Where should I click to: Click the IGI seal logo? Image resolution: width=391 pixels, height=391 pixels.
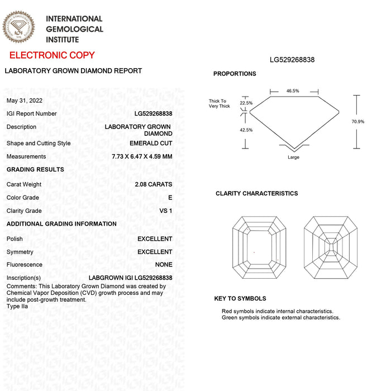[18, 26]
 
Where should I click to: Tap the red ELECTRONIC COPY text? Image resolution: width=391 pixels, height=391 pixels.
[53, 55]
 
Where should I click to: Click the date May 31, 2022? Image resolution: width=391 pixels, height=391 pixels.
[24, 101]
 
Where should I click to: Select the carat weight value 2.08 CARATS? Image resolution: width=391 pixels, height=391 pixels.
[153, 184]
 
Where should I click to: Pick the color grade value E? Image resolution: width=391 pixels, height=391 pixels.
[170, 198]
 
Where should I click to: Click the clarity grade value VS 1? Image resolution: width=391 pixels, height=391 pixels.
[166, 211]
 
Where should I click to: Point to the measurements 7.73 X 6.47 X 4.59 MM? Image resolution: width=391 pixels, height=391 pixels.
[142, 156]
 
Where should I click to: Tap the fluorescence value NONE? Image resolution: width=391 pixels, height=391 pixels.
[164, 265]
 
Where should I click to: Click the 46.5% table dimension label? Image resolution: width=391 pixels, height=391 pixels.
[293, 91]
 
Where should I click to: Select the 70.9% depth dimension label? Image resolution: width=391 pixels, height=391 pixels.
[357, 122]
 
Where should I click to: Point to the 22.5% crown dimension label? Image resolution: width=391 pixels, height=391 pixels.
[246, 103]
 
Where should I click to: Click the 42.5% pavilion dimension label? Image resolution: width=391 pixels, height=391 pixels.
[246, 130]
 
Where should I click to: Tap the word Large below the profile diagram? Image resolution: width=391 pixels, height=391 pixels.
[293, 158]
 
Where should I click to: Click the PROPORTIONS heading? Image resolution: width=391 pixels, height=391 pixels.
[235, 74]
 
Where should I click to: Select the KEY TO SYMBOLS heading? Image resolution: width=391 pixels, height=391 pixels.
[240, 299]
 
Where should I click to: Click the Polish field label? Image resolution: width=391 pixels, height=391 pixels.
[15, 239]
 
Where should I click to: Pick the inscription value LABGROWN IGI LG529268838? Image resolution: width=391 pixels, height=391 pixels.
[130, 278]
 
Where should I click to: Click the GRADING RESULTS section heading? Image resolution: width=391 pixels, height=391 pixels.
[35, 169]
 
